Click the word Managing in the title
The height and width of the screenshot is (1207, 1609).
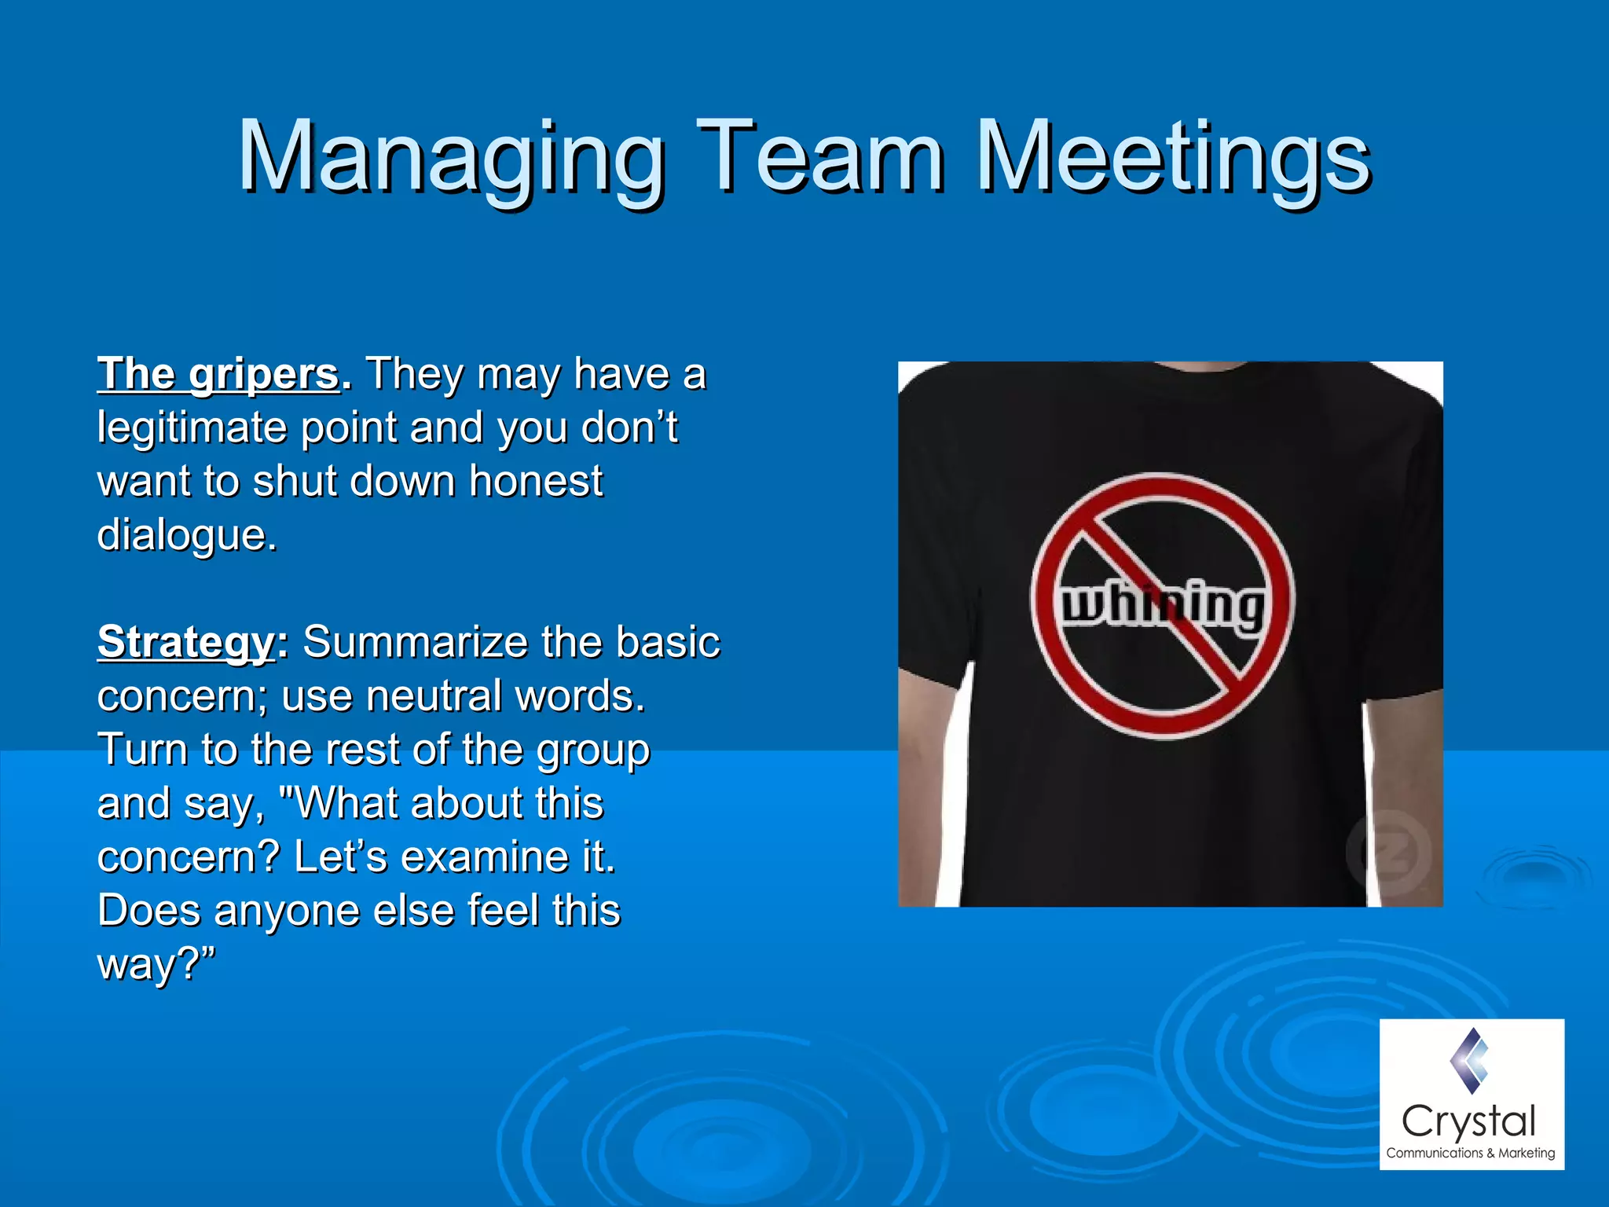point(452,157)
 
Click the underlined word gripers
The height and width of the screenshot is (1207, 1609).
point(264,375)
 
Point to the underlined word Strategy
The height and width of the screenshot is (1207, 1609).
point(185,643)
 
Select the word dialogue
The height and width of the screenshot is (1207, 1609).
point(186,536)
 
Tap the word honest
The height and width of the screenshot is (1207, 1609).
point(536,481)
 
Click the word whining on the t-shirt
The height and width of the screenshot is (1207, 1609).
point(1163,605)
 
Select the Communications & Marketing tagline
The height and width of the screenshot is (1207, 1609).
point(1471,1154)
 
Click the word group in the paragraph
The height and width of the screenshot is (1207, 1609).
point(593,750)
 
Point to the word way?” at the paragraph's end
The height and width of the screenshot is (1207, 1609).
point(156,964)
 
